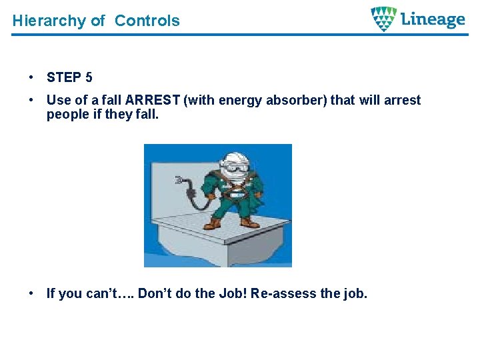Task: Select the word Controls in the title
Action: (147, 21)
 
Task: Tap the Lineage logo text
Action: (433, 19)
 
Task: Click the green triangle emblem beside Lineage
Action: (383, 19)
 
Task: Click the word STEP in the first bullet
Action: (64, 77)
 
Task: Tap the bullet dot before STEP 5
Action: (31, 77)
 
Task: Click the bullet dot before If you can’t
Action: (31, 293)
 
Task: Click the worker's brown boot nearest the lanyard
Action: (211, 224)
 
